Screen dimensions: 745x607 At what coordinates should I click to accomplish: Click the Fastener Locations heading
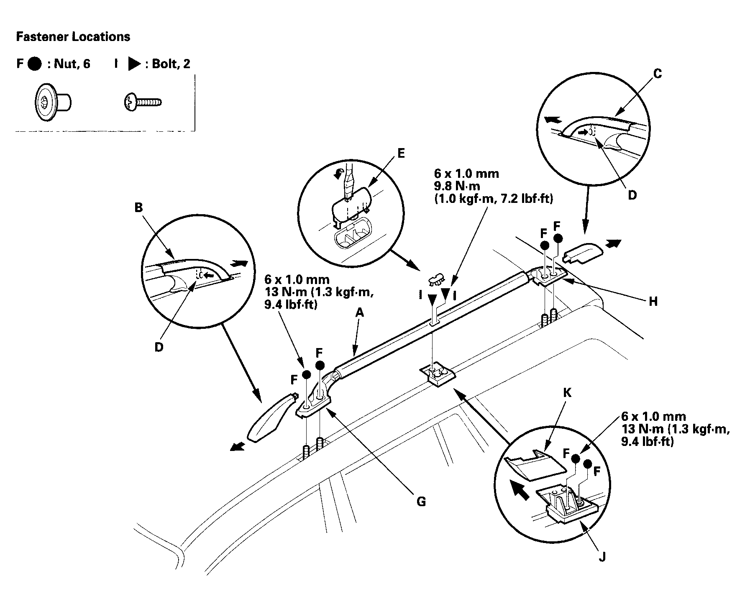click(73, 37)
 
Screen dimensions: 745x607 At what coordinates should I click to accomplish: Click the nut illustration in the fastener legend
click(53, 102)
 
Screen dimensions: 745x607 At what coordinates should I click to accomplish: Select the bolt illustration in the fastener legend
click(143, 102)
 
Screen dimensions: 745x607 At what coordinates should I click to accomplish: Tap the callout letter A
click(360, 312)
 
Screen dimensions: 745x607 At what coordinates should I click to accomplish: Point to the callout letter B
click(138, 207)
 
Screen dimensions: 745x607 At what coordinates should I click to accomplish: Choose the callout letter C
click(657, 74)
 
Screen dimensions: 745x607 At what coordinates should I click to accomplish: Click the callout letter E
click(401, 153)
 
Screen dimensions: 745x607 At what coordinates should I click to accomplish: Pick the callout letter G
click(421, 502)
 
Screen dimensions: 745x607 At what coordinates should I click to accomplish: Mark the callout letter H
click(653, 301)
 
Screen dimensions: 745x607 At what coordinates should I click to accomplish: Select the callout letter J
click(602, 558)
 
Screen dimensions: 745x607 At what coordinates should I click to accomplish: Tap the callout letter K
click(567, 392)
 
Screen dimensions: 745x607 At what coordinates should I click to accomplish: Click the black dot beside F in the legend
click(34, 64)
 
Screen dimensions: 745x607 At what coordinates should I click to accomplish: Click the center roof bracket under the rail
click(437, 374)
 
